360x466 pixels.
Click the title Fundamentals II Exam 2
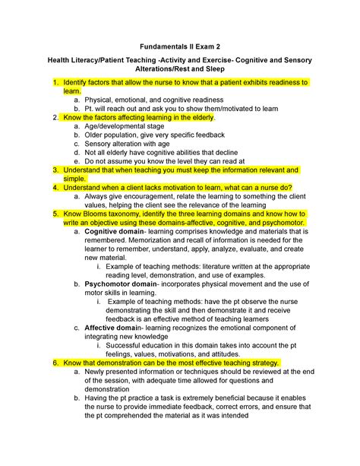point(180,36)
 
